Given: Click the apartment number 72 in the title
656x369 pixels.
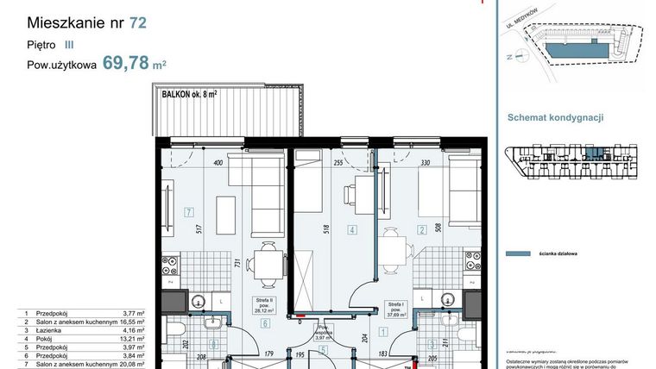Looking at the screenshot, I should pyautogui.click(x=137, y=23).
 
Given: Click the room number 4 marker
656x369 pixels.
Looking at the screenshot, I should pyautogui.click(x=351, y=230).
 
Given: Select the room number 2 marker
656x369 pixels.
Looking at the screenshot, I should pyautogui.click(x=422, y=230).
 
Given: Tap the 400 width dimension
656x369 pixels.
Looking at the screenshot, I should pyautogui.click(x=218, y=161).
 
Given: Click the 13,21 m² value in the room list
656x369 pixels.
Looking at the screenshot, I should pyautogui.click(x=128, y=338).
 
